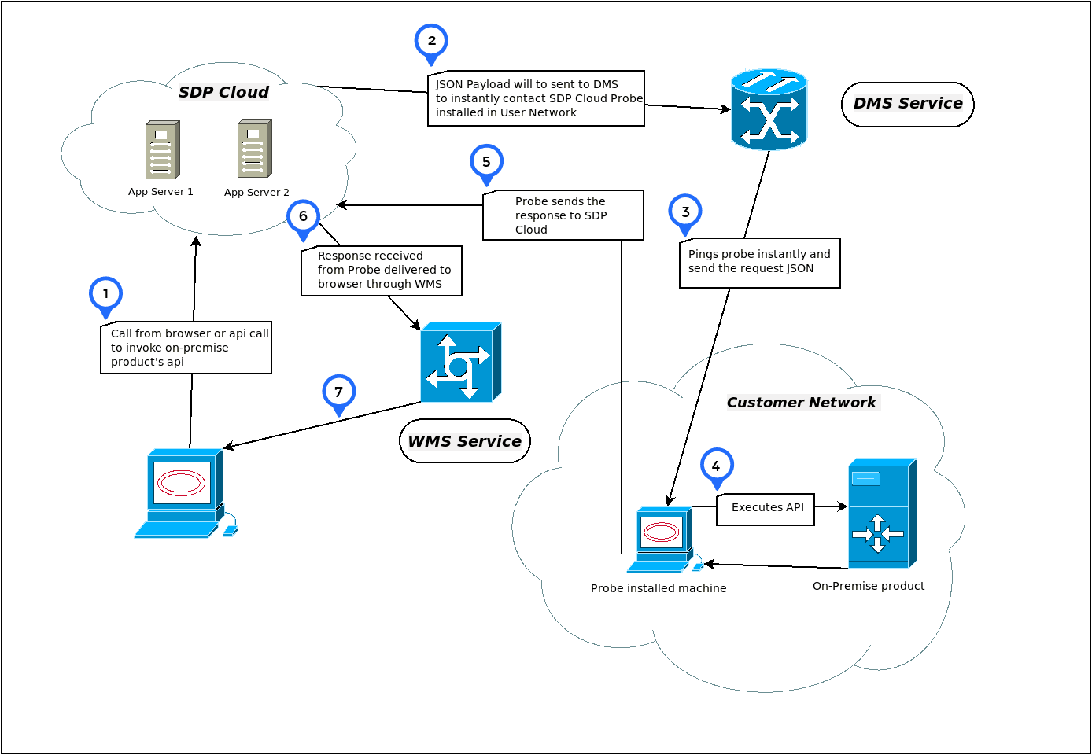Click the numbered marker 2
[x=431, y=41]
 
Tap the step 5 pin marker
[x=486, y=162]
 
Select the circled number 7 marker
[x=339, y=392]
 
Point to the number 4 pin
[x=717, y=466]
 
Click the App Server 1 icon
[x=162, y=149]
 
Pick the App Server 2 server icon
[x=255, y=149]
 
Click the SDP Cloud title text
[x=223, y=92]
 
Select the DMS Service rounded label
[x=908, y=104]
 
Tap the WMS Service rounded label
[x=465, y=441]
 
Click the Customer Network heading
[x=801, y=403]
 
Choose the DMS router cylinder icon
[x=769, y=109]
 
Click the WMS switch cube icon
[x=460, y=362]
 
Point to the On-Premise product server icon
[x=881, y=513]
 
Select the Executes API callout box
[x=766, y=509]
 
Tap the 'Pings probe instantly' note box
[x=759, y=263]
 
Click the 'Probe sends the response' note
[x=563, y=215]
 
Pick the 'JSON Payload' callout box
[x=536, y=98]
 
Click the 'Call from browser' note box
[x=186, y=348]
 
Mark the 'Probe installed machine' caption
[x=659, y=588]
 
